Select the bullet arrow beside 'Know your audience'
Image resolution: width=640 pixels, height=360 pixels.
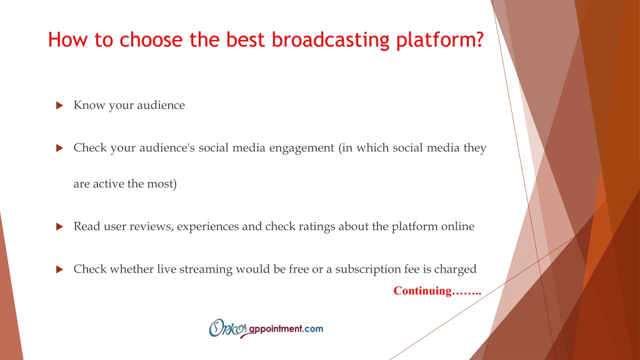pos(59,105)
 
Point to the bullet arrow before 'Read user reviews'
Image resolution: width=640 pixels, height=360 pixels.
pos(59,226)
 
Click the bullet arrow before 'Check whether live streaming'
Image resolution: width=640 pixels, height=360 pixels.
pos(59,269)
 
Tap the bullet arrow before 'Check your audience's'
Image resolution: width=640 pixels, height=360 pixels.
pos(59,147)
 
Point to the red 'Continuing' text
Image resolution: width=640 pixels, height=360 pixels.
pos(422,291)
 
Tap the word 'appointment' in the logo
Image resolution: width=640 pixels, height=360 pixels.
pos(276,329)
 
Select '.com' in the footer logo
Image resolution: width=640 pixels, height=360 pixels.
pos(313,329)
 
